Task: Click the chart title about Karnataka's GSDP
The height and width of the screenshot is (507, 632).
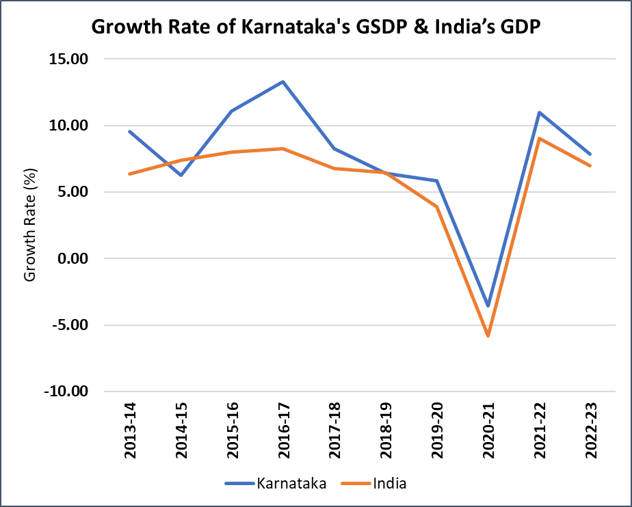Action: pyautogui.click(x=317, y=27)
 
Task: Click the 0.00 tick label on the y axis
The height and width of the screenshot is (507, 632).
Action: pyautogui.click(x=73, y=259)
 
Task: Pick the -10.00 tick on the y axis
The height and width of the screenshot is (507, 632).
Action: pyautogui.click(x=67, y=392)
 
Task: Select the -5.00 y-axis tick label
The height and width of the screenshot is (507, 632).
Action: pyautogui.click(x=70, y=325)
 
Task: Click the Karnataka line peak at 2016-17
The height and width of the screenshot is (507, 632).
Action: pyautogui.click(x=282, y=82)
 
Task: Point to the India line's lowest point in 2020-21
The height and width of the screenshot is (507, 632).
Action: pyautogui.click(x=488, y=336)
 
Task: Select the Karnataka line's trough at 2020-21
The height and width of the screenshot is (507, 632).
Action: pyautogui.click(x=488, y=306)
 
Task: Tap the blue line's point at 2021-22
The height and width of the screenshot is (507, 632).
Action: pyautogui.click(x=539, y=113)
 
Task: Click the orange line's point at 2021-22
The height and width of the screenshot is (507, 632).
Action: pyautogui.click(x=539, y=139)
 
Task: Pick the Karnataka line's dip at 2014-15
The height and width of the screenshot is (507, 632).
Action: pyautogui.click(x=180, y=176)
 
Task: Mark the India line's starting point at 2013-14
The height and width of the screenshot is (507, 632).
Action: pyautogui.click(x=129, y=174)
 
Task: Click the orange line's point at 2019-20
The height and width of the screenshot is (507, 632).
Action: pyautogui.click(x=436, y=206)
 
